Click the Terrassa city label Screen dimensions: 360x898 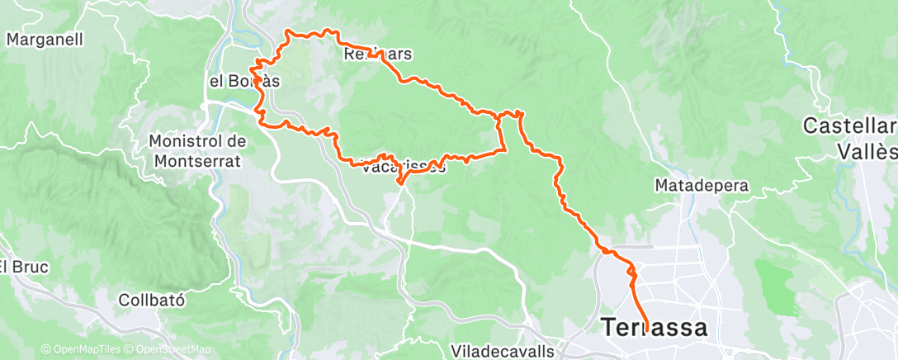point(655,328)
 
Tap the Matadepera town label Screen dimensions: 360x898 point(701,186)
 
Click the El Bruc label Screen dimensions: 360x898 point(24,267)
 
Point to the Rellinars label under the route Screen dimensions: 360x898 point(376,55)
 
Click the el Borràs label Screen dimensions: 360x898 point(243,81)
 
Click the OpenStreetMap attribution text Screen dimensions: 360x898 point(168,350)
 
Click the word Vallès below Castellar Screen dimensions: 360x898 point(867,152)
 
